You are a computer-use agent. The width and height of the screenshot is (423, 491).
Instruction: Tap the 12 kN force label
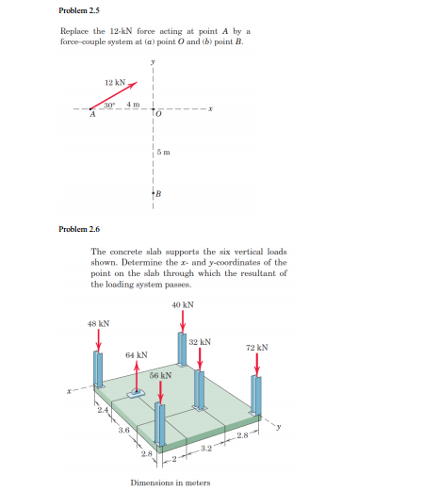(115, 83)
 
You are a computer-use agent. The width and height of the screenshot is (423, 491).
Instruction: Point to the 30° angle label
(109, 103)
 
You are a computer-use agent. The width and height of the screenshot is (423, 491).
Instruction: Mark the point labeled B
(159, 194)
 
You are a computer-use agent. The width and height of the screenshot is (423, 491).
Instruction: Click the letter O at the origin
(160, 115)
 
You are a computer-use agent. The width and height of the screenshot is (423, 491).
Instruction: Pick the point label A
(91, 116)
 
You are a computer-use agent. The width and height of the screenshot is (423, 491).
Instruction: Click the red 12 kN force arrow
(115, 95)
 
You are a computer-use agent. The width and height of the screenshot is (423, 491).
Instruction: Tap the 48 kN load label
(98, 323)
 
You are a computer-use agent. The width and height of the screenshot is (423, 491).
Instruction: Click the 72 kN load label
(256, 347)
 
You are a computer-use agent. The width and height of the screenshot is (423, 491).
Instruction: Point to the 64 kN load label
(137, 355)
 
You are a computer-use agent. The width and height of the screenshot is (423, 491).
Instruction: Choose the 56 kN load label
(160, 375)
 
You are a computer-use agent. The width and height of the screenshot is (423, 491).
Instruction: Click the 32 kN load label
(199, 342)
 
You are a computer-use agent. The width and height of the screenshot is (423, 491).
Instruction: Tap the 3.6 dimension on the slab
(123, 432)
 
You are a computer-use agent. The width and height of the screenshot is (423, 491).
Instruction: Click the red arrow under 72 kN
(256, 366)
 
